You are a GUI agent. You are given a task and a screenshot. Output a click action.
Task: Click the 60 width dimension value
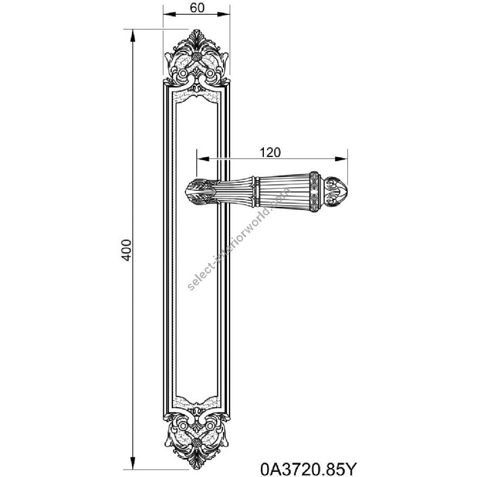coord(197,7)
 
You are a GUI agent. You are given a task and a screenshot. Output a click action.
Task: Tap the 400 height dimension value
coord(127,250)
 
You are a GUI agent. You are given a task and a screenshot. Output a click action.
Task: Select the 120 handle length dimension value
coord(270,152)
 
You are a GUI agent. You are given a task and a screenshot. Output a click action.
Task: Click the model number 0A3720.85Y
coord(307,469)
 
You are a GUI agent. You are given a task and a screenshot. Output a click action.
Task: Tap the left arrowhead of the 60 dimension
coord(170,14)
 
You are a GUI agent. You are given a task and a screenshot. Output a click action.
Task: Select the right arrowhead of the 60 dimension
coord(223,14)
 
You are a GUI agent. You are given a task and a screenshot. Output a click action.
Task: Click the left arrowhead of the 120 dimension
coord(203,159)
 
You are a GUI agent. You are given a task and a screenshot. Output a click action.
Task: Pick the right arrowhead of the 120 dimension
coord(341,159)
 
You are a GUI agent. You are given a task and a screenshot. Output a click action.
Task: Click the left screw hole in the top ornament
coord(183,74)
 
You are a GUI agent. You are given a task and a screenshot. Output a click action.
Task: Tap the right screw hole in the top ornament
coord(210,74)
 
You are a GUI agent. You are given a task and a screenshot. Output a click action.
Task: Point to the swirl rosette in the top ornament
coord(197,57)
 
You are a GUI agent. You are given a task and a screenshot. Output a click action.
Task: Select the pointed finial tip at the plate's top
coord(197,30)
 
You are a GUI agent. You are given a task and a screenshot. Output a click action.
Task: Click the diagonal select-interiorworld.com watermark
coord(239,238)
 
